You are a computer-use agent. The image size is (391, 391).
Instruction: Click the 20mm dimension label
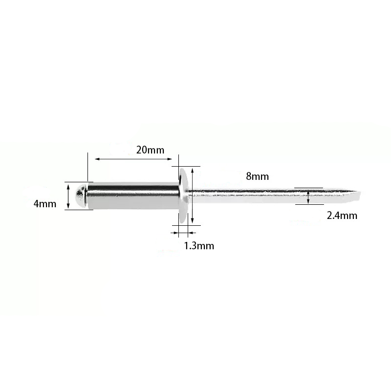[x=150, y=150]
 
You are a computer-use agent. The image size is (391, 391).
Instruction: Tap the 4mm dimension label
[x=45, y=204]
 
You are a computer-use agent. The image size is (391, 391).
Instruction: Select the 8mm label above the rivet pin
[x=258, y=176]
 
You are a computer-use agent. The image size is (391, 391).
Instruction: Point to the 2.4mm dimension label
[x=342, y=216]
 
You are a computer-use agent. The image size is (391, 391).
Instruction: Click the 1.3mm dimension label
[x=199, y=246]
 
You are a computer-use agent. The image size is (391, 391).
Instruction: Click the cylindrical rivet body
[x=133, y=196]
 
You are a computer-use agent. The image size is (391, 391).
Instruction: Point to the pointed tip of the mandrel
[x=359, y=192]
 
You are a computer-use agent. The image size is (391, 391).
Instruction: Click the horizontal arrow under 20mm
[x=133, y=159]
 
